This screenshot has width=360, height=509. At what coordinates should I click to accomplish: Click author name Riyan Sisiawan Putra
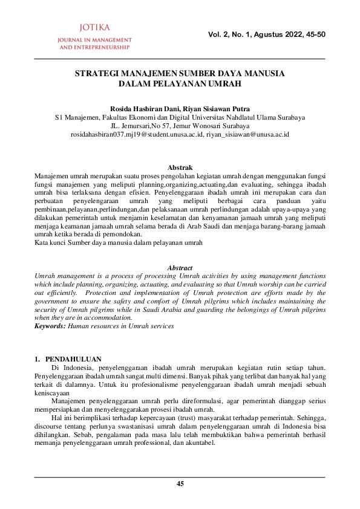point(216,109)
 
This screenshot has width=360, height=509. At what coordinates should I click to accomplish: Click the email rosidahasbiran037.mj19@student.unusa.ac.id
point(137,134)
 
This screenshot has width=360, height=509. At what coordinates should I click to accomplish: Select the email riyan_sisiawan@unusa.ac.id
point(248,134)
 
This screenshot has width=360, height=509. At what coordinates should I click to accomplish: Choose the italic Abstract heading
point(180,268)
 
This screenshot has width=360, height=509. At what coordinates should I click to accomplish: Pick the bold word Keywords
point(50,326)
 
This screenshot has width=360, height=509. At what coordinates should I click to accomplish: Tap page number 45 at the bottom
point(180,483)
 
